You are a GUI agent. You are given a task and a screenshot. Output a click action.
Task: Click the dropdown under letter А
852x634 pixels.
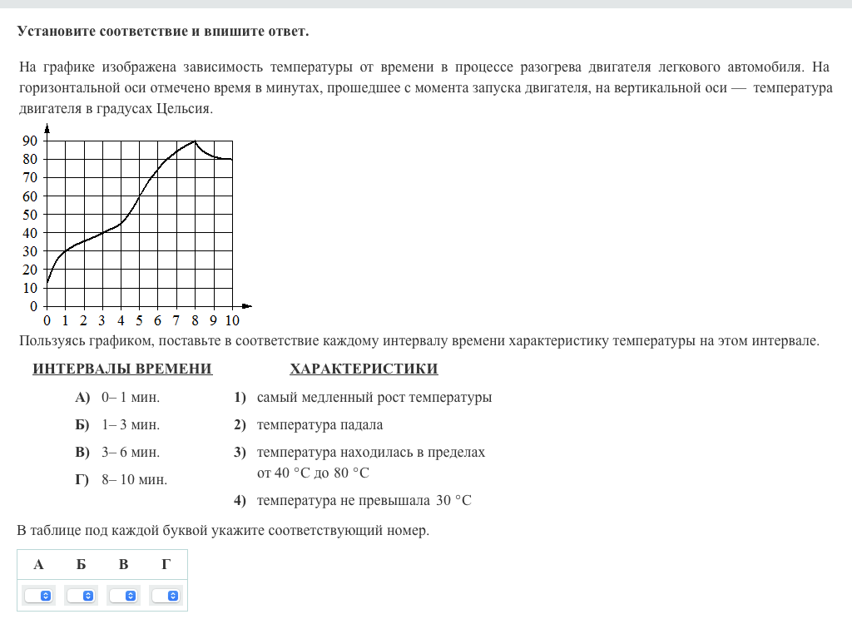coord(38,596)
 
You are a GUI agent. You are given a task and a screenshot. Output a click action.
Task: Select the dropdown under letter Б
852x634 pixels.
coord(81,596)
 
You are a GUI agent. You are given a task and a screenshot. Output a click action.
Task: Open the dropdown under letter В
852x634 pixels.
coord(124,596)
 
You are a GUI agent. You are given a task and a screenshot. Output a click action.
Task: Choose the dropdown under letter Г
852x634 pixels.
coord(166,596)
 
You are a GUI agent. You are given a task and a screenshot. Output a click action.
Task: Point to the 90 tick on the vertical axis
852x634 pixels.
coord(29,141)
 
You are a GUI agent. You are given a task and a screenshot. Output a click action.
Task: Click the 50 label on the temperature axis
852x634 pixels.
coord(29,215)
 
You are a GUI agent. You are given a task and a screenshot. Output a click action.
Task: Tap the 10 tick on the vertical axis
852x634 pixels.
coord(29,288)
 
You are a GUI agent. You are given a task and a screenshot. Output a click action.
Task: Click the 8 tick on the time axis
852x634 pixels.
coord(195,320)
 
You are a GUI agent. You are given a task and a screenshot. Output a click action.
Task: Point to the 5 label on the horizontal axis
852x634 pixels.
coord(139,320)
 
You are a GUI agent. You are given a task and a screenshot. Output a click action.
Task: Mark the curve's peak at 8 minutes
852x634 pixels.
coord(195,141)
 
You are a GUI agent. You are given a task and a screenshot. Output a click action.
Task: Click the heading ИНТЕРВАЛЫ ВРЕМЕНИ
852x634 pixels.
coord(122,369)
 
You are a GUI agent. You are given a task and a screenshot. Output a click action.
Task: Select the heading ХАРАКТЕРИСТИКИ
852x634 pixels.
coord(364,369)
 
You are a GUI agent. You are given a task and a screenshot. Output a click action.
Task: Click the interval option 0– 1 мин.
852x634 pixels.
coord(130,398)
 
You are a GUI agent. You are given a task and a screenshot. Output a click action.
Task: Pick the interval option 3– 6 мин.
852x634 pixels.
coord(130,453)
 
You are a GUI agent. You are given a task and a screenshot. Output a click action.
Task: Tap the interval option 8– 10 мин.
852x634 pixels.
coord(134,480)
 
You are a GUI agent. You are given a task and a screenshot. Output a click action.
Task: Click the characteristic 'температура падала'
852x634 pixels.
coord(319,425)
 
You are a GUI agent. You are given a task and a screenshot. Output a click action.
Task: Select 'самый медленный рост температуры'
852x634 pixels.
coord(374,398)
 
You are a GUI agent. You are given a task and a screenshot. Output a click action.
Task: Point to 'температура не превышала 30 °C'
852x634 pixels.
coord(364,501)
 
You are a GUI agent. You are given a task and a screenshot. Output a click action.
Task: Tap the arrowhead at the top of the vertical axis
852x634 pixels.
coord(47,127)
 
